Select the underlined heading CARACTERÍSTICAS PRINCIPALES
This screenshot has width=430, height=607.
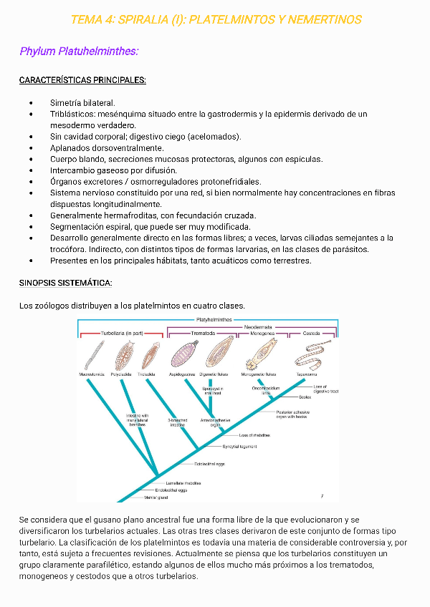point(82,80)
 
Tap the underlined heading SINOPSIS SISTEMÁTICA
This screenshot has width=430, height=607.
point(66,283)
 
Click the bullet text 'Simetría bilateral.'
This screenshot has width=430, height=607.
point(82,103)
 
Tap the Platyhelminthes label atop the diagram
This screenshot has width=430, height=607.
point(214,319)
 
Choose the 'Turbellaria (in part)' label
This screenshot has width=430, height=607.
point(122,334)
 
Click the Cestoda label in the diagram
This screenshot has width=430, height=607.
point(311,334)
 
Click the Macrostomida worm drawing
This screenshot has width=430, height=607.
point(92,355)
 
